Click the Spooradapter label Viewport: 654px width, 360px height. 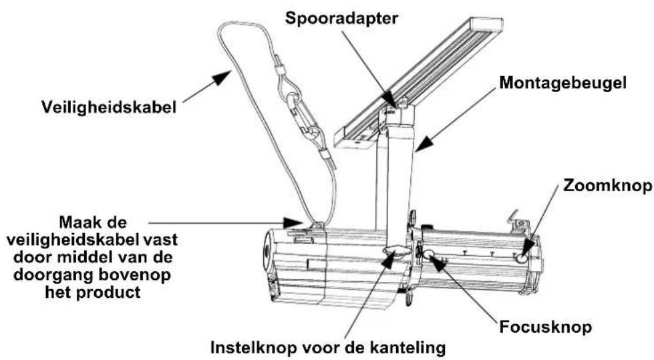[341, 19]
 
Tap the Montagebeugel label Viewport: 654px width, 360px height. [562, 83]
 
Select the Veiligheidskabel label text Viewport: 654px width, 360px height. [109, 108]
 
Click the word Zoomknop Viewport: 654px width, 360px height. [607, 185]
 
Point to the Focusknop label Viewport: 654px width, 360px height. [546, 327]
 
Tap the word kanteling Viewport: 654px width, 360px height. [406, 347]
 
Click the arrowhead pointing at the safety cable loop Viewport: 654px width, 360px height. [222, 78]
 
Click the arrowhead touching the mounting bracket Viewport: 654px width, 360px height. [423, 144]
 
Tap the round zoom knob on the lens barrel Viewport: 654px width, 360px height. [521, 258]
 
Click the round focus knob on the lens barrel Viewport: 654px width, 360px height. [429, 253]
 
